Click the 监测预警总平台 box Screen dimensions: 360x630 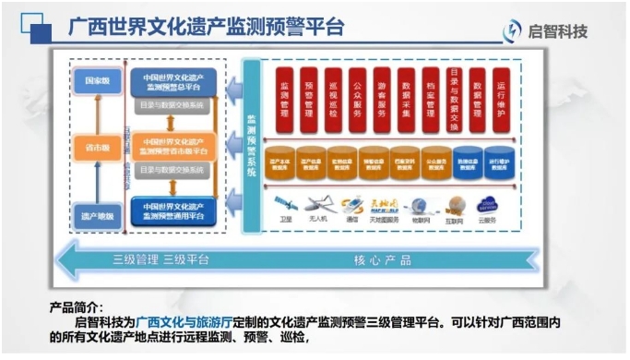(x=173, y=81)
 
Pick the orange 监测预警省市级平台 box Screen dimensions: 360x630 (x=173, y=146)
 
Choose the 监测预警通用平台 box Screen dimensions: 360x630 (x=173, y=210)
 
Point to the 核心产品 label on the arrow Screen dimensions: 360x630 (x=382, y=260)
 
